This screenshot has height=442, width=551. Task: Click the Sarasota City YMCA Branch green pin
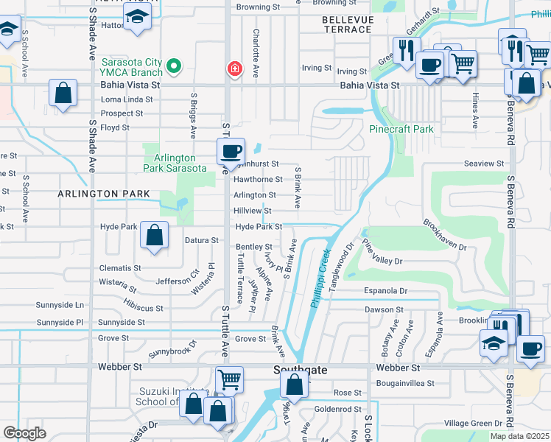(174, 67)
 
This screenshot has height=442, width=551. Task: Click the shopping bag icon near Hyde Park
(155, 235)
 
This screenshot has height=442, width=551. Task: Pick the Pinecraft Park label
(401, 129)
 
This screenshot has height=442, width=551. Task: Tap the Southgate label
(300, 368)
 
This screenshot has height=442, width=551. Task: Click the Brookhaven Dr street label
(444, 234)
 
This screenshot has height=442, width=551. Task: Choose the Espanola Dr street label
(385, 291)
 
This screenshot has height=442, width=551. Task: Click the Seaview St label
(484, 164)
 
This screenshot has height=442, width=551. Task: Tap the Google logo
(24, 433)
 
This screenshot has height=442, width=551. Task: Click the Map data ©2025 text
(519, 436)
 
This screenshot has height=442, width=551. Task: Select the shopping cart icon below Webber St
(229, 379)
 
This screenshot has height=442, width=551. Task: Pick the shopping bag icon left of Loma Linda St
(63, 93)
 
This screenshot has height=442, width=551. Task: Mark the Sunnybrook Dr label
(173, 349)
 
